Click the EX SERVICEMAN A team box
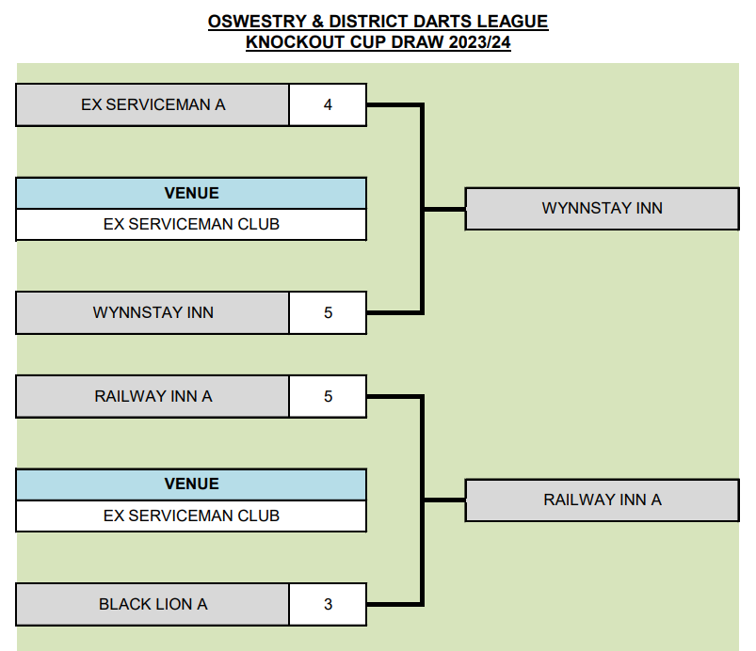point(153,105)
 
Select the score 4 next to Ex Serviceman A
point(328,105)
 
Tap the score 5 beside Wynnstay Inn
point(328,312)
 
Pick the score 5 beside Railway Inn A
point(328,397)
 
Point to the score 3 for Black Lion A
point(328,604)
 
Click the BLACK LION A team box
point(153,604)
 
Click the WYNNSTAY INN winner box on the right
point(603,209)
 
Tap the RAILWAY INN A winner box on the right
point(603,500)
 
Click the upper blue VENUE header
point(191,193)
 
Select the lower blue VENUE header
point(191,484)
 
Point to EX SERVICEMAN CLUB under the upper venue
point(191,225)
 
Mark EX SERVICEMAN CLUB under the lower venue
point(191,516)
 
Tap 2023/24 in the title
point(479,42)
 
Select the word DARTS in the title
point(442,22)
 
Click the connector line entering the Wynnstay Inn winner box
point(444,209)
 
